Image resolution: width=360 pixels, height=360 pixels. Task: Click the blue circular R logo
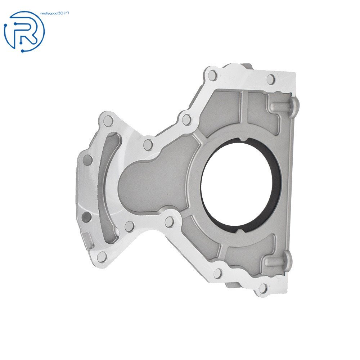24,31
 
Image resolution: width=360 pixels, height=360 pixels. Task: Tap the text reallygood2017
56,13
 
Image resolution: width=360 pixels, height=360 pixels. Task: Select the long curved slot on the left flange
108,187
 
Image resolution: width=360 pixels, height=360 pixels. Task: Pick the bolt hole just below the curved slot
102,257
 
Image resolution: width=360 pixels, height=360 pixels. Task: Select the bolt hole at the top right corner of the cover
271,79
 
